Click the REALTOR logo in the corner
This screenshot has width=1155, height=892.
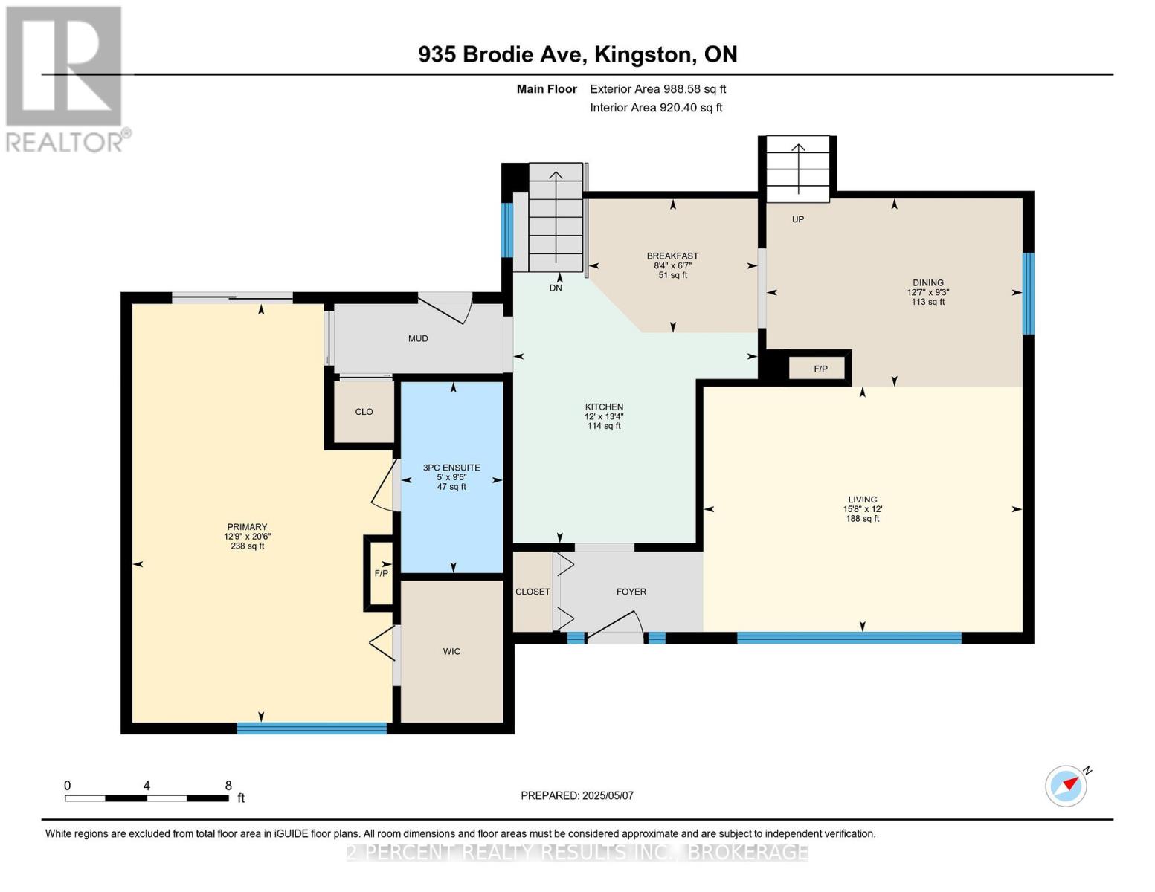click(65, 78)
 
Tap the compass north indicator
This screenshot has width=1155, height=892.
click(1066, 786)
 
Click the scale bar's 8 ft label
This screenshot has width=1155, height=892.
click(228, 785)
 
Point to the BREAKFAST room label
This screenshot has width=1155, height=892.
click(672, 256)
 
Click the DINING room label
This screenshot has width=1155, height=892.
click(927, 282)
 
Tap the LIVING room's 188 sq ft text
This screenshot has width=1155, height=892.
click(863, 519)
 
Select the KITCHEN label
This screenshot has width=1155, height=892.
click(604, 407)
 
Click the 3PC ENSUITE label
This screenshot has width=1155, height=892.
click(451, 468)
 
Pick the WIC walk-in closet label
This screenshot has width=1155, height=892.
click(451, 651)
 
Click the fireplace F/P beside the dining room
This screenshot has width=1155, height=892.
click(820, 369)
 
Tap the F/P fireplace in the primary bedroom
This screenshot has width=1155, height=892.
click(381, 573)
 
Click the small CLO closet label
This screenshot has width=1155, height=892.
click(364, 412)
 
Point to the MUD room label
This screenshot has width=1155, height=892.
click(418, 338)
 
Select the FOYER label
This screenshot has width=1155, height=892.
click(631, 592)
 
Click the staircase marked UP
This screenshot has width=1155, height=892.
click(798, 169)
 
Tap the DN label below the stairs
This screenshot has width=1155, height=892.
click(556, 288)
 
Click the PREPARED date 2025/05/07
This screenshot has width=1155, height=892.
click(577, 795)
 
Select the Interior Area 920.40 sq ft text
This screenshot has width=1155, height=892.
click(656, 108)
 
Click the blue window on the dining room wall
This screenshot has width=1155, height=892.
click(1029, 294)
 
